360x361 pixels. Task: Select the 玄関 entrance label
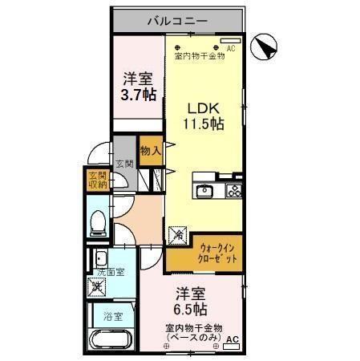click(123, 164)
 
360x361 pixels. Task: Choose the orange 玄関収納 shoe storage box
click(97, 180)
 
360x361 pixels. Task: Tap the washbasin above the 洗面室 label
click(101, 258)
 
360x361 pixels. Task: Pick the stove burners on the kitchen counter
click(234, 191)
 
